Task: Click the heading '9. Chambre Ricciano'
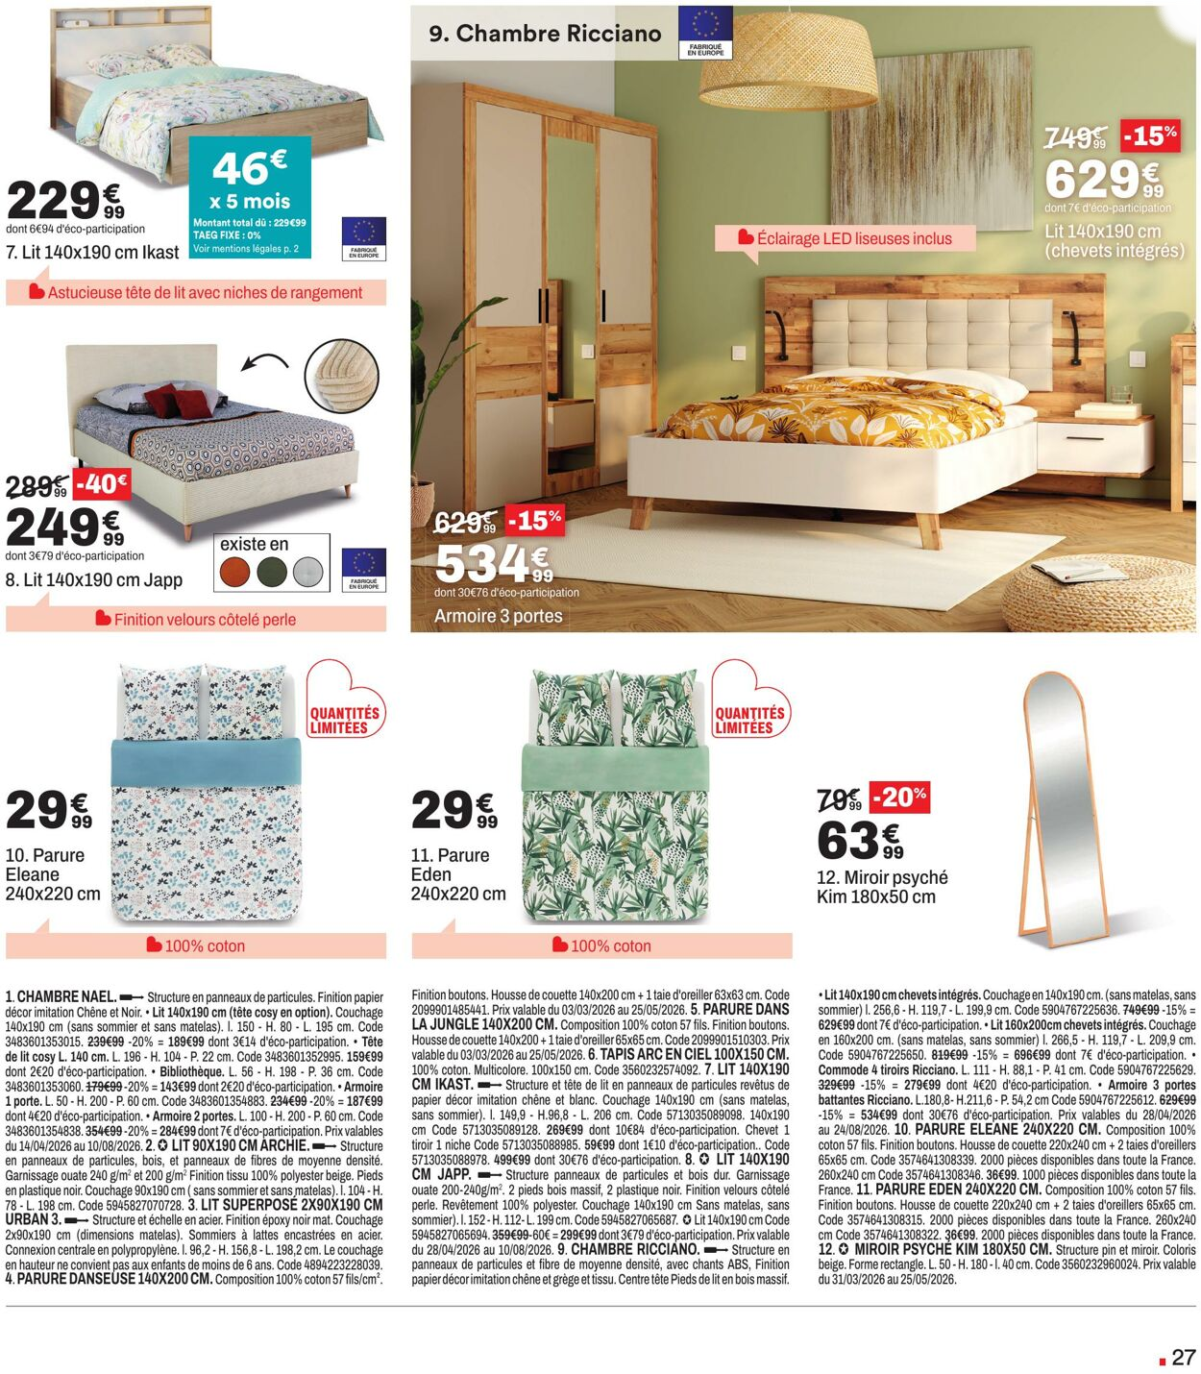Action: [545, 34]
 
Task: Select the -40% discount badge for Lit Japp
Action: [101, 483]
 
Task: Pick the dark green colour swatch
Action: [272, 573]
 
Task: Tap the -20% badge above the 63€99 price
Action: [900, 797]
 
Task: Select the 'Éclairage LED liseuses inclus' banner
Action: [845, 238]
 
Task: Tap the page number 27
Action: [1183, 1357]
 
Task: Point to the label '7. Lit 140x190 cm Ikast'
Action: [92, 253]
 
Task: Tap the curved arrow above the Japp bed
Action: [264, 363]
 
